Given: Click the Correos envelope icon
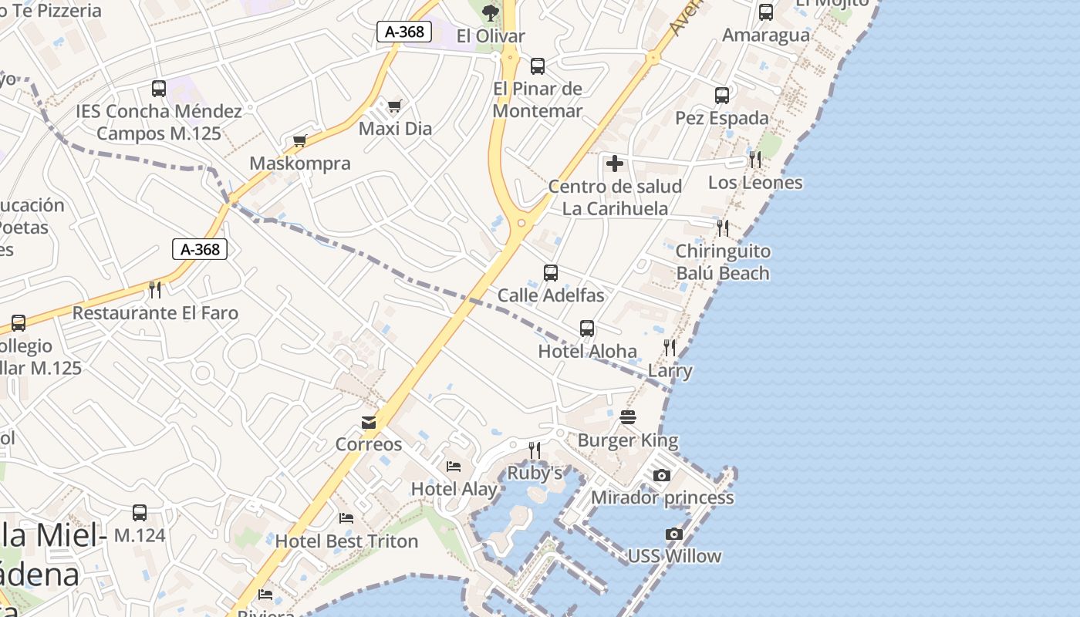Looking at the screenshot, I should coord(369,423).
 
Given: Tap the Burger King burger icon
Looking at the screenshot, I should coord(628,418).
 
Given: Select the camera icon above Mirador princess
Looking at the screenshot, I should coord(662,475).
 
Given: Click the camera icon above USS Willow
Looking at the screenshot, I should coord(674,534).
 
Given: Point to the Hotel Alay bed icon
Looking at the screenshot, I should coord(454,467).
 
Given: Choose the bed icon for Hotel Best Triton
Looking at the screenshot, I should coord(346,518).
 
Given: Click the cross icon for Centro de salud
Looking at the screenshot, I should coord(615,164).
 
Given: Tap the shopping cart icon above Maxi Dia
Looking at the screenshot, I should coord(395,106).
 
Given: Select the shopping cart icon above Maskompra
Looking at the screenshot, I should coord(300,140).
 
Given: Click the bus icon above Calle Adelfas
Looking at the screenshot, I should coord(551,272).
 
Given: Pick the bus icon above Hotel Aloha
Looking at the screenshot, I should coord(587,329).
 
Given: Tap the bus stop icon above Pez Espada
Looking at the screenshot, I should coord(722,96).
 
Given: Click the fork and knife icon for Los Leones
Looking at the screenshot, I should coord(755,160).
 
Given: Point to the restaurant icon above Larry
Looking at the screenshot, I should coord(670,348).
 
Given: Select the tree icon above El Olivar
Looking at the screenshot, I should coord(490,12).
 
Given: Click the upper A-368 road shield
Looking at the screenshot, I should coord(404,32).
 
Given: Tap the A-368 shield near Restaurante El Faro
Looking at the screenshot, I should coord(200,249).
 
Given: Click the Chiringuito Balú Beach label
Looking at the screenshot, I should coord(723,262).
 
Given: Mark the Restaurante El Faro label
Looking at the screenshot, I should coord(155,313).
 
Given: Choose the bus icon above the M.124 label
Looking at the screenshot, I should coord(140,513).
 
